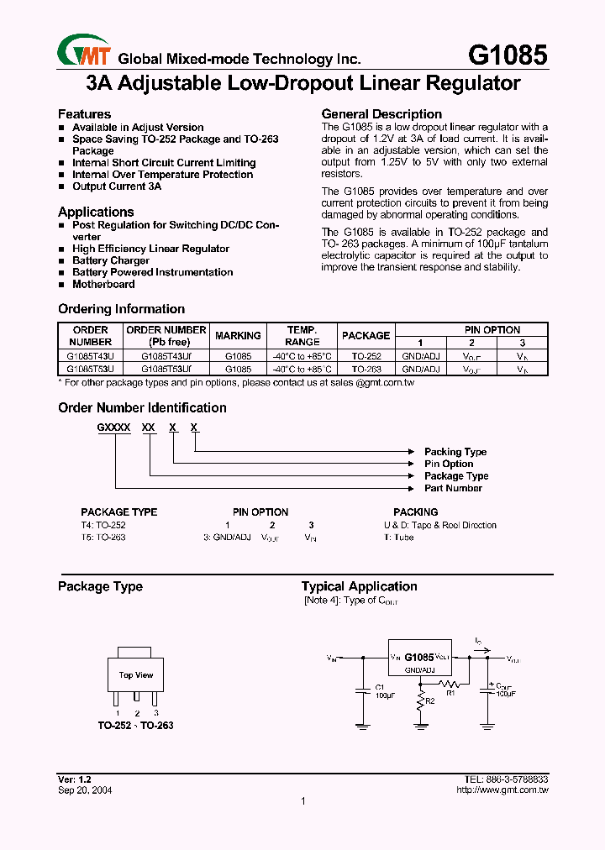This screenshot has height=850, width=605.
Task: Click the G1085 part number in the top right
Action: pyautogui.click(x=507, y=55)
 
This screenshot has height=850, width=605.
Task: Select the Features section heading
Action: pyautogui.click(x=84, y=114)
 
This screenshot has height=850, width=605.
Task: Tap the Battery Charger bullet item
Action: pyautogui.click(x=111, y=260)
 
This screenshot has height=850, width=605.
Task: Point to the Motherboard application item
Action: pyautogui.click(x=103, y=284)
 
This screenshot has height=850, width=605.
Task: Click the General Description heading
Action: pyautogui.click(x=381, y=114)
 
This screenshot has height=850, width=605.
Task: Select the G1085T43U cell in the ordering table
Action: pyautogui.click(x=91, y=356)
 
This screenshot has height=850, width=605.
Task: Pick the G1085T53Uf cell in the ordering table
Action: pyautogui.click(x=166, y=369)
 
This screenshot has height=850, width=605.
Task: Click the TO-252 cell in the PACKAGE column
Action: pyautogui.click(x=366, y=356)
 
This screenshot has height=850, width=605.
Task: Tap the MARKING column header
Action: pyautogui.click(x=238, y=336)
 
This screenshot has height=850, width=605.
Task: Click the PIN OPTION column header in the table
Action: pyautogui.click(x=492, y=330)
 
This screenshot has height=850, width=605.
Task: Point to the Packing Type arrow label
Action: pyautogui.click(x=455, y=452)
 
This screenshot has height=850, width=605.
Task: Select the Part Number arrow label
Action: pyautogui.click(x=453, y=488)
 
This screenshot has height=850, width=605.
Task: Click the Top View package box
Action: pyautogui.click(x=135, y=675)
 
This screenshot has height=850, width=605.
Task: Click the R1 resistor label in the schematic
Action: pyautogui.click(x=450, y=694)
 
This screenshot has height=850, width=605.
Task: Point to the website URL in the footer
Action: pyautogui.click(x=502, y=790)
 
